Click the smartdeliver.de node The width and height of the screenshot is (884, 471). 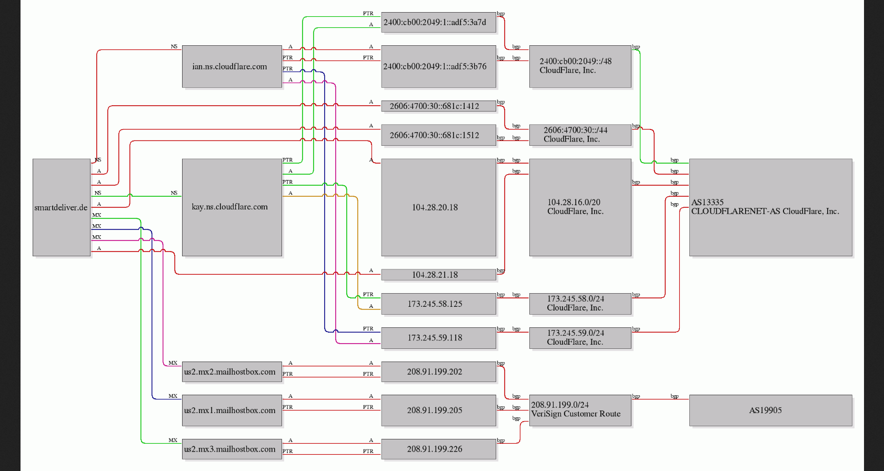tap(62, 207)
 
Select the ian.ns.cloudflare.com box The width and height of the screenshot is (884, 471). tap(232, 66)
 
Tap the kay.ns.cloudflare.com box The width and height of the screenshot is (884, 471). tap(232, 207)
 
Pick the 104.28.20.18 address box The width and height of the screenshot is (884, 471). tap(438, 207)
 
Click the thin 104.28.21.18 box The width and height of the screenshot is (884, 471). tap(438, 275)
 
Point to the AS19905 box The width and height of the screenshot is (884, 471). tap(771, 410)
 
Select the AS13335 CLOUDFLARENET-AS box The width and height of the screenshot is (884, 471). tap(771, 207)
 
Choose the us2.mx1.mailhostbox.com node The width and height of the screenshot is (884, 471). tap(232, 410)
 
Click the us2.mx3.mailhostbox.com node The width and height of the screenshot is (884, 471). tap(232, 449)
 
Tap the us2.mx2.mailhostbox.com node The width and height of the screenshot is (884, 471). tap(232, 372)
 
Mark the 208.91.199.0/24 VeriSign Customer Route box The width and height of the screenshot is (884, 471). tap(580, 410)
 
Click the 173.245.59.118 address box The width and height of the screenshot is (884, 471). tap(438, 338)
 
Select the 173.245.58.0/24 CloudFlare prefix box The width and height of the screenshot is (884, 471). tap(580, 304)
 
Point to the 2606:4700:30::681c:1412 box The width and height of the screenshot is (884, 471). tap(438, 106)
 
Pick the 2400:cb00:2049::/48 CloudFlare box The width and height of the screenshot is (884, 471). tap(580, 66)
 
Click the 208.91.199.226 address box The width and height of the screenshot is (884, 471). tap(438, 449)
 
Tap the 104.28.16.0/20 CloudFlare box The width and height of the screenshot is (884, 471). tap(580, 207)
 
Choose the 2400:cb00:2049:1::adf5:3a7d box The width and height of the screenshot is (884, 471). tap(438, 22)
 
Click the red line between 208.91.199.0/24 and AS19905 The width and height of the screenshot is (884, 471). tap(660, 399)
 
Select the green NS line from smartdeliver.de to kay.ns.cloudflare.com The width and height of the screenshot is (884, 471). tap(136, 196)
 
